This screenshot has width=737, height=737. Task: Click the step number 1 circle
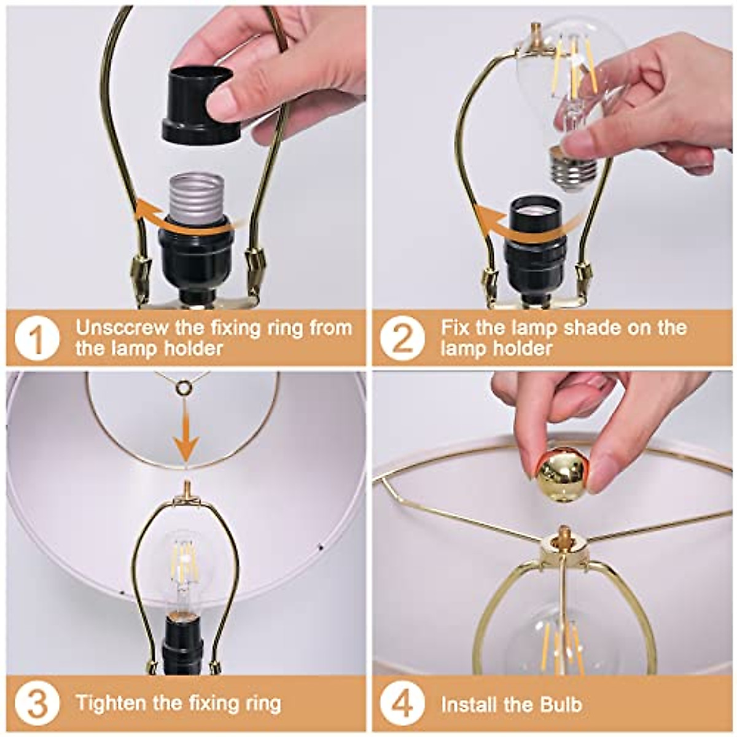(37, 338)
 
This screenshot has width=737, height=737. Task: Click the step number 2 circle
(402, 338)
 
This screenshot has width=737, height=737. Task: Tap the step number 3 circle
(37, 704)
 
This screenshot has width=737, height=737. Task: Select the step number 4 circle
(402, 704)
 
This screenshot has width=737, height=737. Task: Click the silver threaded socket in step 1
(196, 197)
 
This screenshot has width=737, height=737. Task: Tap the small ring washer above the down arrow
(183, 388)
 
